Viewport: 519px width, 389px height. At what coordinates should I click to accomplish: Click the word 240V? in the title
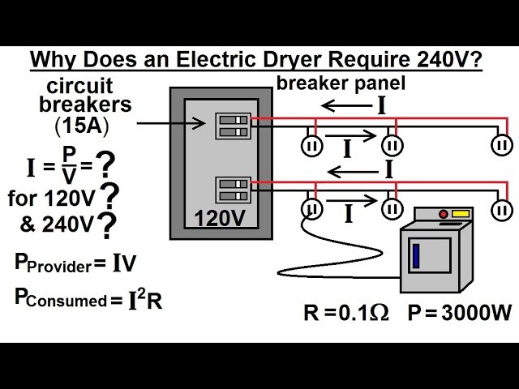pyautogui.click(x=445, y=61)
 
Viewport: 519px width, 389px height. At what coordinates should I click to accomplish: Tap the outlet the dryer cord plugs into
pyautogui.click(x=312, y=210)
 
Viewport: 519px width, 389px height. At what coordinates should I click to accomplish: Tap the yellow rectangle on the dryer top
pyautogui.click(x=461, y=215)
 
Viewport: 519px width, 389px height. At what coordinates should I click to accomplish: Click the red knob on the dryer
pyautogui.click(x=443, y=216)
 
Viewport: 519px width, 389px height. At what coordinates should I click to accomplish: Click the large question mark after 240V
pyautogui.click(x=105, y=228)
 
